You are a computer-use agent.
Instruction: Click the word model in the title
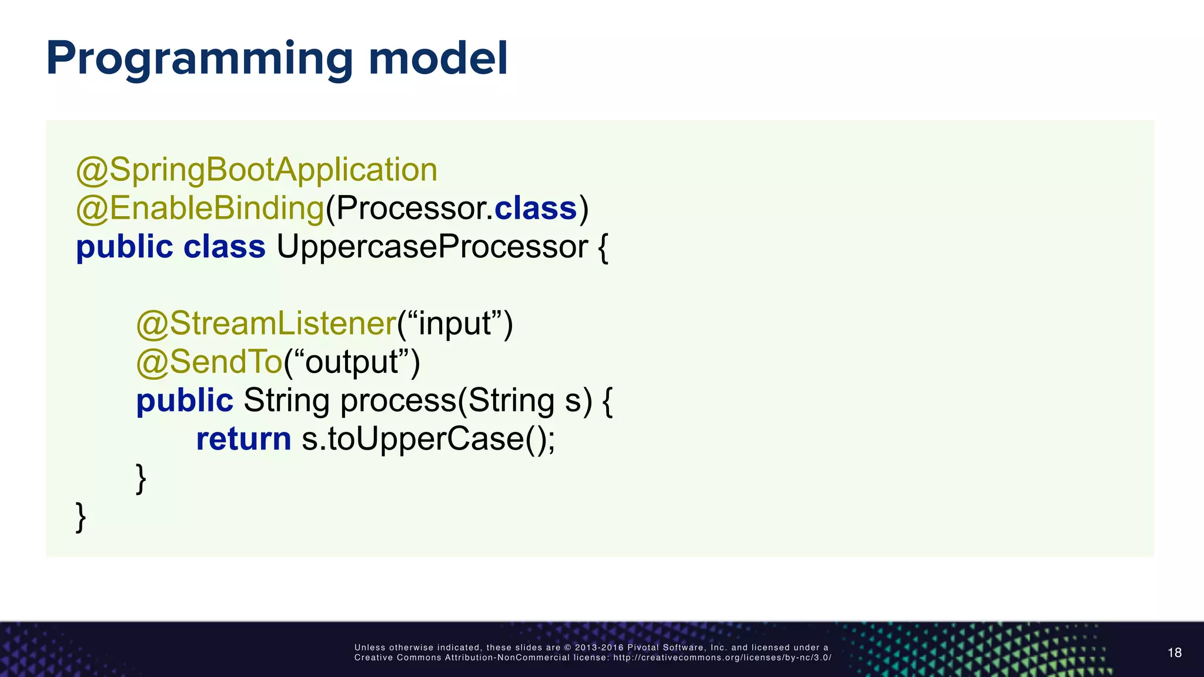[x=437, y=59]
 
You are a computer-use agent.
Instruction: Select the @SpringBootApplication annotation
[x=256, y=170]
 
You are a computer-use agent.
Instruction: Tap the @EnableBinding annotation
[x=200, y=209]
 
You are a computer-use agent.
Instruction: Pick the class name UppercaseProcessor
[x=432, y=247]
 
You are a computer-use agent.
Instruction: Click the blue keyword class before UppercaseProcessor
[x=224, y=247]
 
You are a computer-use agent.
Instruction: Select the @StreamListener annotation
[x=266, y=324]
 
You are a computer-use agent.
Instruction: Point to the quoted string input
[x=455, y=324]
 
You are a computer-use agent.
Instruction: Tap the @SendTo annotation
[x=209, y=362]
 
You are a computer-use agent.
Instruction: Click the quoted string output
[x=351, y=362]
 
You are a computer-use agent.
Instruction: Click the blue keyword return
[x=243, y=439]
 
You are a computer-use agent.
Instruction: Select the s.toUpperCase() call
[x=428, y=439]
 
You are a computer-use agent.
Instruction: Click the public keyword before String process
[x=185, y=401]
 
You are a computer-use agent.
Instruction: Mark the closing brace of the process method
[x=141, y=478]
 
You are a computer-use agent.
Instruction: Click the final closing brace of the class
[x=81, y=517]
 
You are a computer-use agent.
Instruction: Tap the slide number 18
[x=1174, y=652]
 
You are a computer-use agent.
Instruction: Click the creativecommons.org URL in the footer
[x=722, y=658]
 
